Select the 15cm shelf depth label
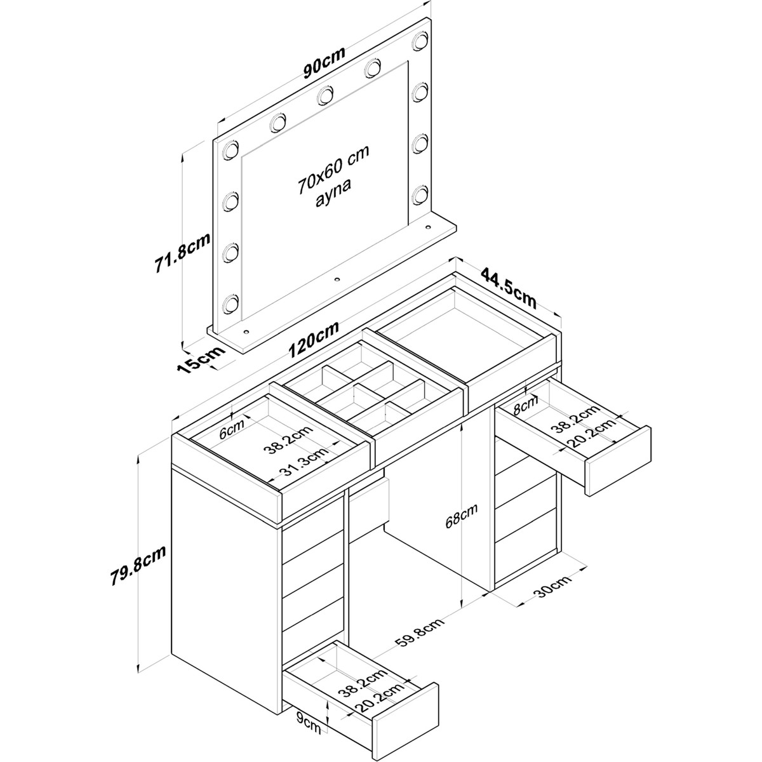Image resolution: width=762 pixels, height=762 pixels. point(201,359)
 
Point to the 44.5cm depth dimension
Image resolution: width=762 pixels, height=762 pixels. point(509,288)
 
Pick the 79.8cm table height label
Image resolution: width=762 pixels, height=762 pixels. point(138,567)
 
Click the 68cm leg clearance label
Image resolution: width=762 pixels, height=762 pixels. point(461,516)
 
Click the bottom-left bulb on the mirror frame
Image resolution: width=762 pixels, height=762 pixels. point(230,304)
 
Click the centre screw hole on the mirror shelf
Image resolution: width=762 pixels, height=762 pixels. point(337,279)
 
